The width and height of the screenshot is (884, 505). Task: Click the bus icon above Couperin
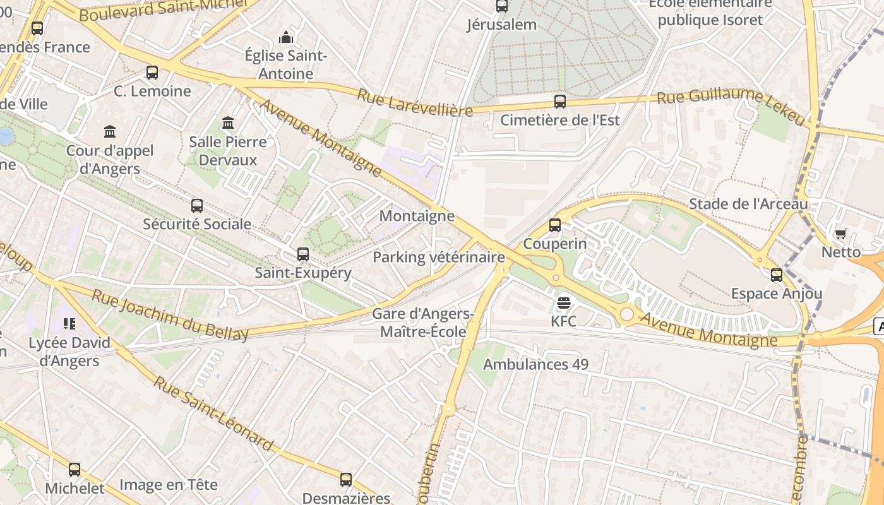coord(554,225)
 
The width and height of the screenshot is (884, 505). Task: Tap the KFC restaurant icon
coord(563,303)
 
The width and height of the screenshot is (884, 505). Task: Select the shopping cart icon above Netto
coord(840,234)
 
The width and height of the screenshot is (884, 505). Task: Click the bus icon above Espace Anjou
coord(776,275)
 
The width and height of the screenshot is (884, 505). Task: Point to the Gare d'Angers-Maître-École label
coord(422,323)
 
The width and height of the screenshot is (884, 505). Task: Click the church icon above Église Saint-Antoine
coord(286,38)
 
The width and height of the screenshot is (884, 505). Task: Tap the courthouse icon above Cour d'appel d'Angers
coord(110,132)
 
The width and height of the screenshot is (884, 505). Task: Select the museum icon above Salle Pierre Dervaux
coord(228,122)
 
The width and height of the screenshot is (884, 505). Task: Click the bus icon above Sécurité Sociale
coord(197,205)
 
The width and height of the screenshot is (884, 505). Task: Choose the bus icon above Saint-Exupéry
coord(303,254)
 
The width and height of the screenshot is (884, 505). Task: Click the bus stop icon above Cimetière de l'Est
coord(559,101)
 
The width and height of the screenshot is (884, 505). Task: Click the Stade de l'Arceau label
coord(748,204)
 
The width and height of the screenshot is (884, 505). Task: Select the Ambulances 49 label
coord(535,364)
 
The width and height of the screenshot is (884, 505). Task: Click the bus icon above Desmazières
coord(345,480)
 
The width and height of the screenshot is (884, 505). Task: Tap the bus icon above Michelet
coord(75,470)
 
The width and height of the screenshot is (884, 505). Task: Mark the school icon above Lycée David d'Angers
coord(69,324)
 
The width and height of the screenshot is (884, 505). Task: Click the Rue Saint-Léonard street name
coord(214,414)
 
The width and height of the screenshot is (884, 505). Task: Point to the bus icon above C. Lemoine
coord(152,72)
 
